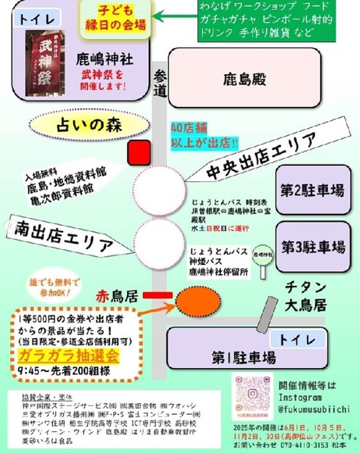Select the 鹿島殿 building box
point(244,77)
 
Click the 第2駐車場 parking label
point(312,190)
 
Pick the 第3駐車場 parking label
point(313,247)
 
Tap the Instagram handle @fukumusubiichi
point(314,409)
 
